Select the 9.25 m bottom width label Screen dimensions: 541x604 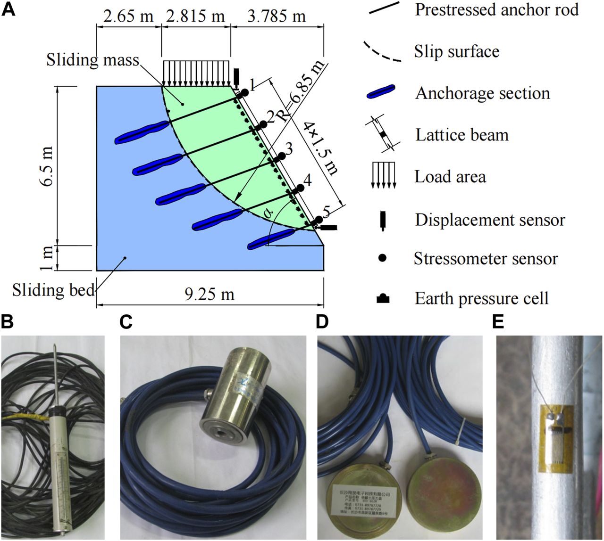tap(210, 295)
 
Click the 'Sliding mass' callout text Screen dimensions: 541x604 tap(93, 60)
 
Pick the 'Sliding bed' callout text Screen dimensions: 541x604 tap(53, 290)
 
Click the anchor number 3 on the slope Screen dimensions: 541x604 tap(289, 149)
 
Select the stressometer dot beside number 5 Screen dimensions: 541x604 tap(319, 220)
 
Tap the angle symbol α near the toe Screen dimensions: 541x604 tap(269, 213)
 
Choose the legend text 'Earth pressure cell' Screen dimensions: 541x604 tap(482, 298)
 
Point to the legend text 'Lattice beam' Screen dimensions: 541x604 tap(462, 135)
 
